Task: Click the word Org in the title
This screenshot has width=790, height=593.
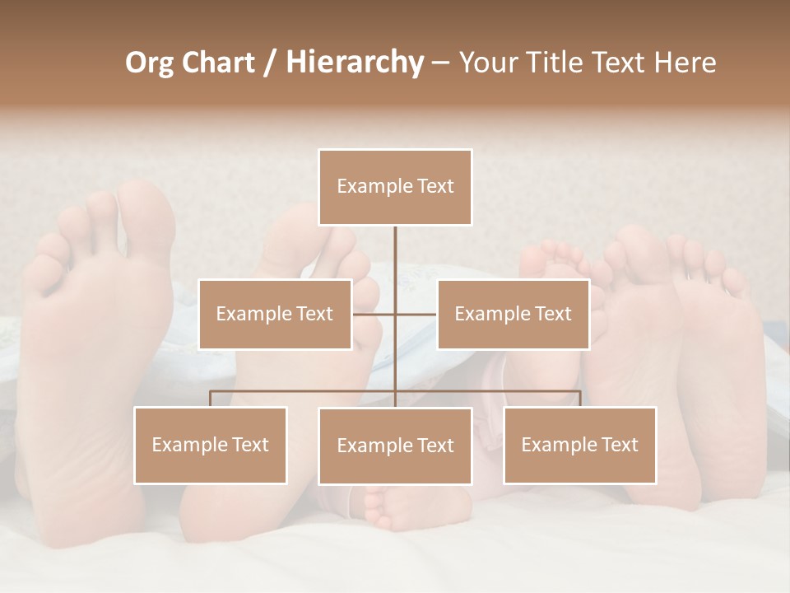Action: [x=149, y=63]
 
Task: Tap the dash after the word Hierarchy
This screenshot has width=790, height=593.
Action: [x=440, y=63]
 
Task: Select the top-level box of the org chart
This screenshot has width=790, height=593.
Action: [x=395, y=187]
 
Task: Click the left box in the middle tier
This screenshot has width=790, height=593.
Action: [x=275, y=314]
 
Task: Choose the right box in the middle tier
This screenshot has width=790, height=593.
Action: [x=513, y=314]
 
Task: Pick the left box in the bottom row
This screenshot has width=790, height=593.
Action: [x=211, y=445]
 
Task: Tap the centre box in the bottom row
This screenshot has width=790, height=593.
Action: [x=395, y=446]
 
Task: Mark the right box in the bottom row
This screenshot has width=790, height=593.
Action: [x=579, y=445]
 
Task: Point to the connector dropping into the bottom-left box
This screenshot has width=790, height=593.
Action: [x=211, y=399]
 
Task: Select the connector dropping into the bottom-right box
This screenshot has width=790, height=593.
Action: [x=579, y=399]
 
